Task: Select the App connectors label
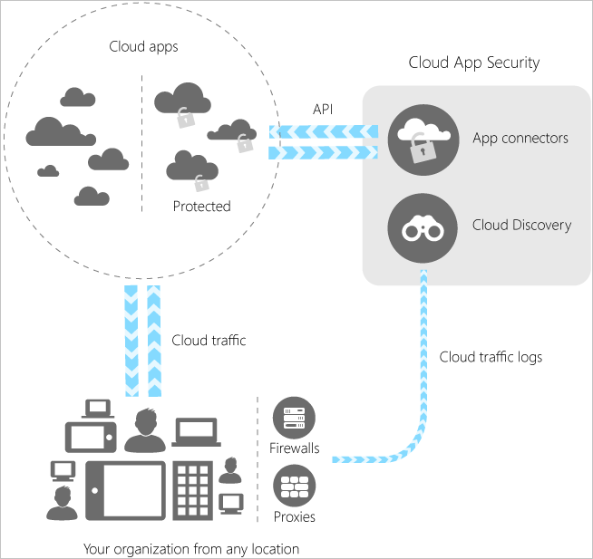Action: coord(520,139)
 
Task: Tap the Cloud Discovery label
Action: coord(521,225)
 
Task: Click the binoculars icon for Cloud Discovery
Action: coord(421,228)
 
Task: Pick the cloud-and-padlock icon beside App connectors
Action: coord(420,140)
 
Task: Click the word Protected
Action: coord(201,207)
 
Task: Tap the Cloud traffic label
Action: coord(209,341)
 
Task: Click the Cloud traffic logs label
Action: coord(491,357)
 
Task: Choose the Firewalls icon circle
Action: coord(294,419)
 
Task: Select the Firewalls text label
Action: coord(295,448)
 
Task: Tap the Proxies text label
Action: coord(294,517)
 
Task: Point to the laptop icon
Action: coord(196,434)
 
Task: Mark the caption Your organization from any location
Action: coord(191,549)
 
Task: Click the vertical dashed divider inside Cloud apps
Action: coord(141,145)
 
